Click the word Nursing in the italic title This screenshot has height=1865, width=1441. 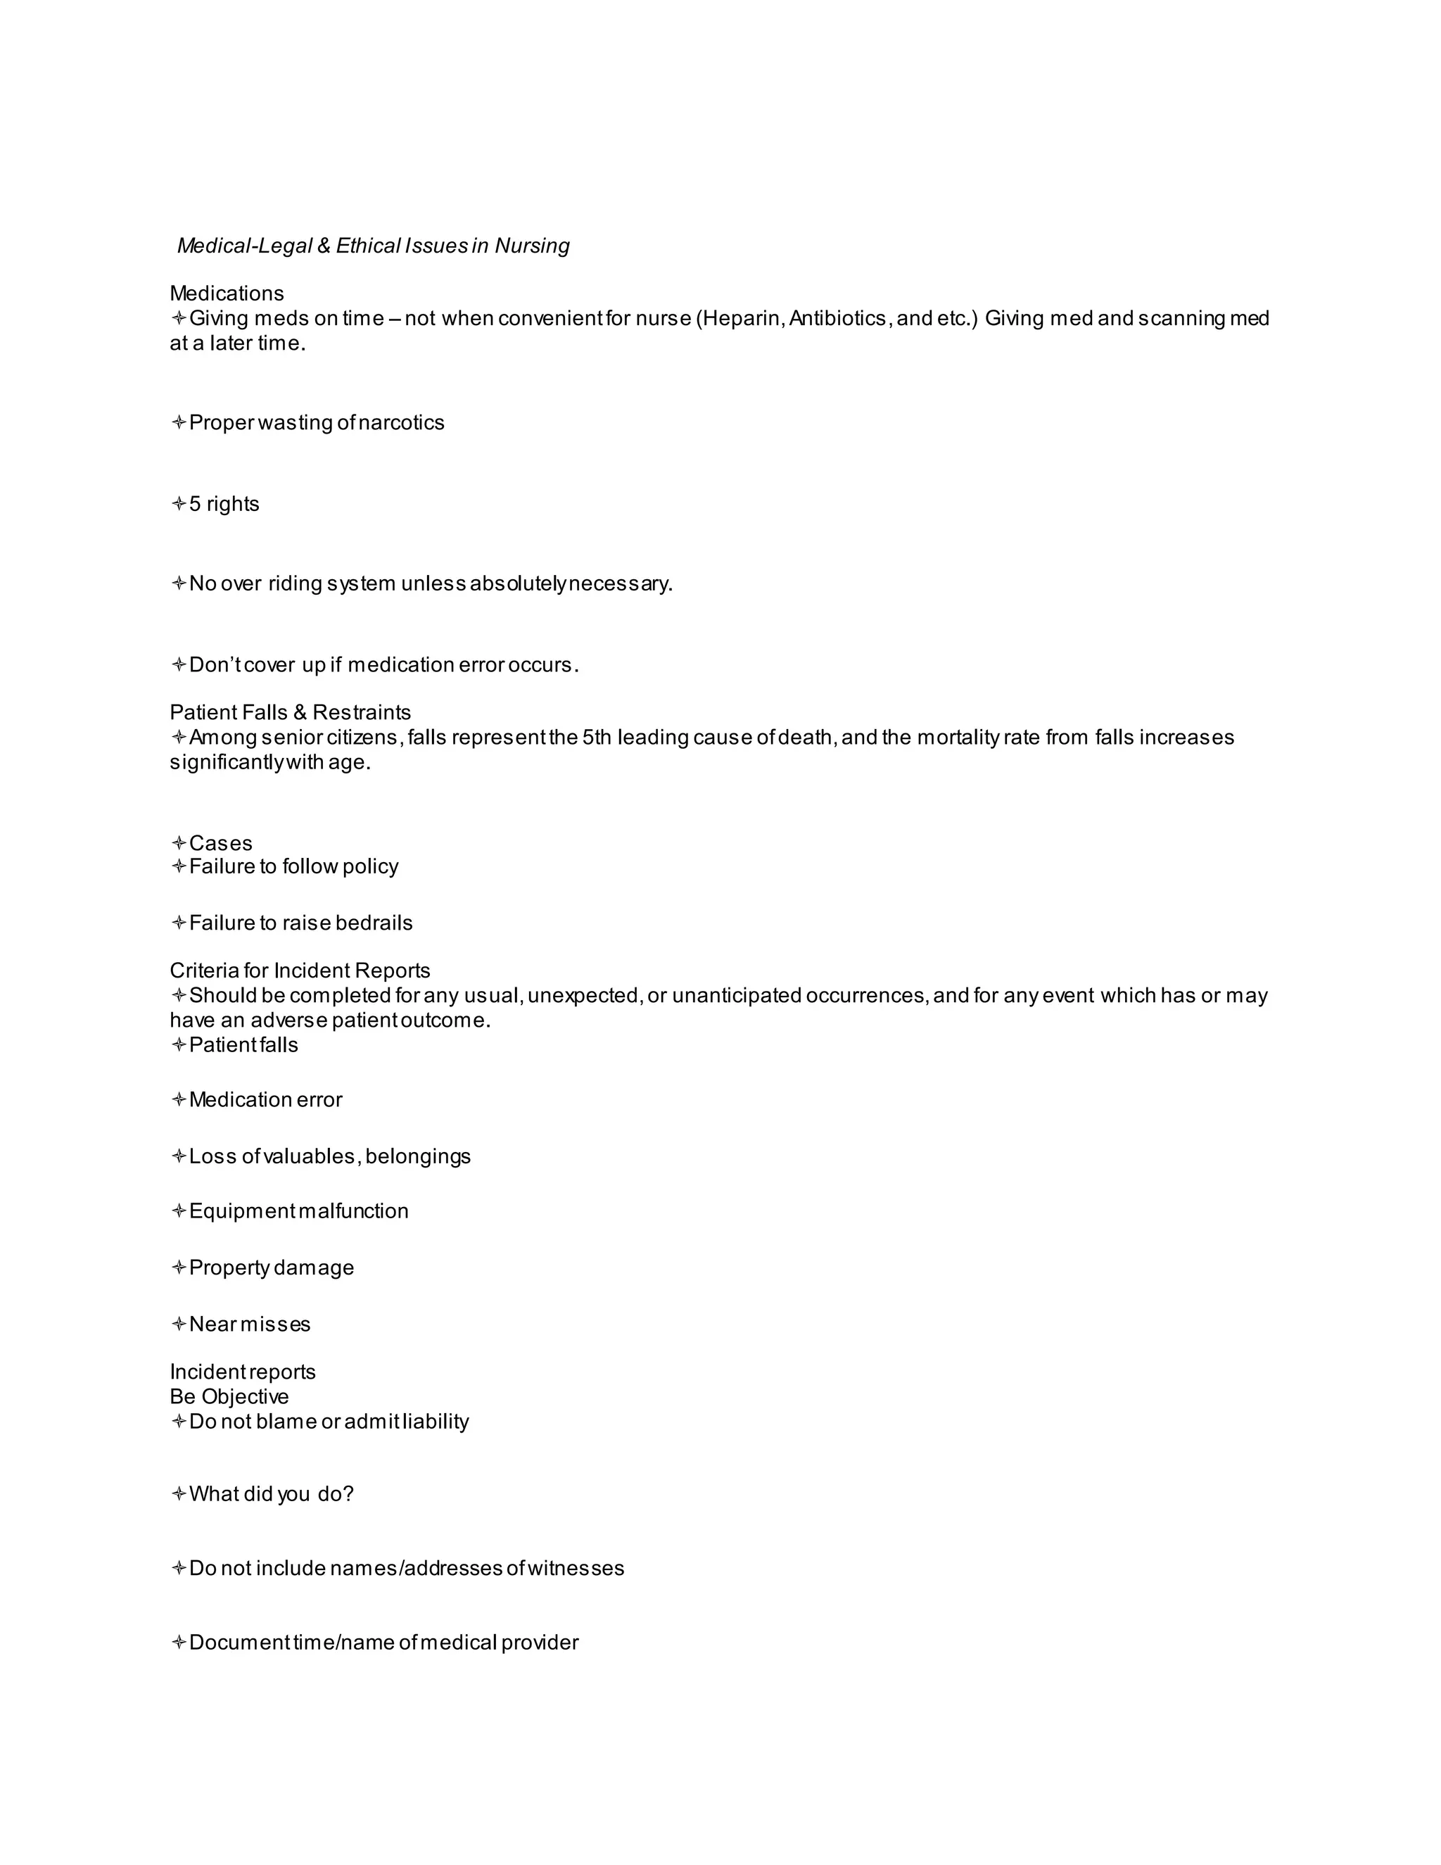pos(532,246)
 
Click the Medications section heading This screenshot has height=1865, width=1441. pos(227,293)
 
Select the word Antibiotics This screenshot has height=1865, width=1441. pos(838,319)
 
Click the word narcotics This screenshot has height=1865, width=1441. pos(401,423)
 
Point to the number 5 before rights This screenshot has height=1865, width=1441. pos(195,504)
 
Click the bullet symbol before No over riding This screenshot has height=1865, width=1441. pos(179,584)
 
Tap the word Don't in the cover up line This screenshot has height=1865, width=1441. pos(215,665)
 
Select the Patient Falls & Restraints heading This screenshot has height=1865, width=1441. pos(291,712)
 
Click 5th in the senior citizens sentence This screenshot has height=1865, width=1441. pos(597,737)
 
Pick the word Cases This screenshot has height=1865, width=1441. pos(220,844)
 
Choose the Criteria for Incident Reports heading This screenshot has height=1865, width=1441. pos(300,971)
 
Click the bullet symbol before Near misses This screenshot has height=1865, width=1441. pos(179,1325)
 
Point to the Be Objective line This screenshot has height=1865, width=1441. pos(229,1397)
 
